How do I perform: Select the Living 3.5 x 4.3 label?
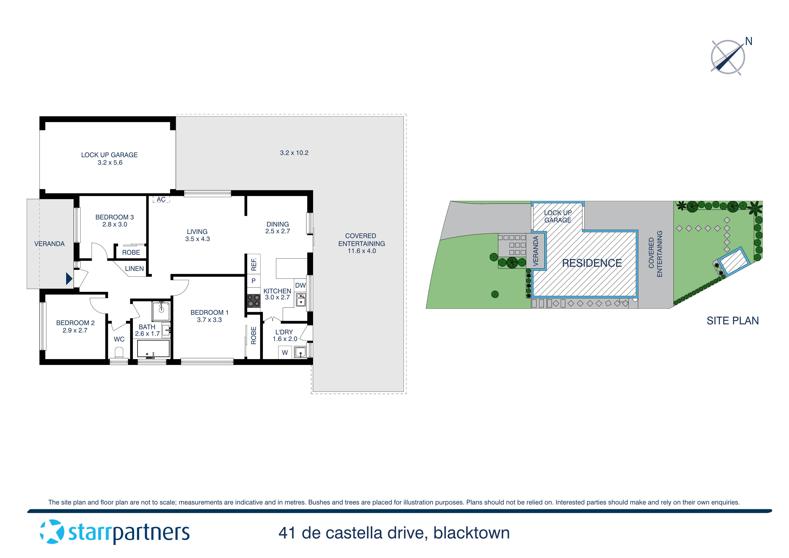click(197, 235)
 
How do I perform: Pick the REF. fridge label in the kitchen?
click(254, 264)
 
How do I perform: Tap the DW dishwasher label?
click(300, 285)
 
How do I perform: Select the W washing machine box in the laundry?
click(285, 352)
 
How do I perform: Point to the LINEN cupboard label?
click(134, 268)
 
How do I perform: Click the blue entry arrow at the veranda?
click(69, 279)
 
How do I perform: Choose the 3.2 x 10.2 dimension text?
click(294, 153)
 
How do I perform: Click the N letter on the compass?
click(749, 41)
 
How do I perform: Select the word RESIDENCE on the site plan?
click(592, 263)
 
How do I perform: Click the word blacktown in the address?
click(471, 533)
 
